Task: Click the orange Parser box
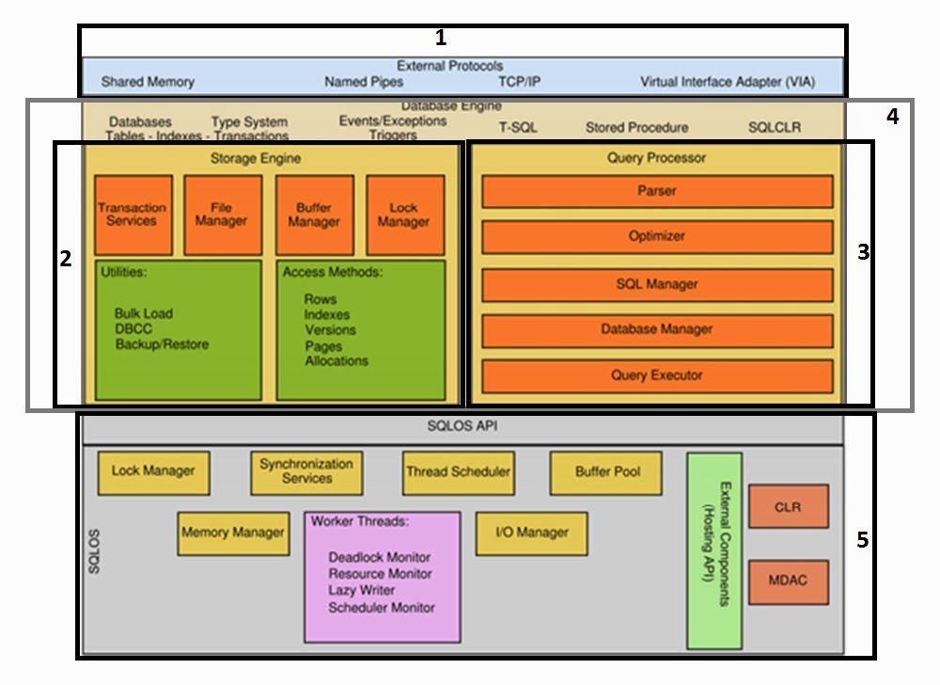657,191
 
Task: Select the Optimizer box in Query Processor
657,236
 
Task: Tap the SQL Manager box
657,283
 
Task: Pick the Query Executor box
657,374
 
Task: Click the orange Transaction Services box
133,215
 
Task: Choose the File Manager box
222,215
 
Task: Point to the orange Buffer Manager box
314,215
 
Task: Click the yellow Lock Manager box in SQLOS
153,470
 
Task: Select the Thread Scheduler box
458,471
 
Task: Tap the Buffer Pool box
607,471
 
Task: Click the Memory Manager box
232,533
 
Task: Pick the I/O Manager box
531,533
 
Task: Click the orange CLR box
788,507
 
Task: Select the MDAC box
788,581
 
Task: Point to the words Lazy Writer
362,591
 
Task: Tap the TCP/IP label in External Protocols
519,82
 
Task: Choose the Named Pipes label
364,82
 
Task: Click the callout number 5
863,540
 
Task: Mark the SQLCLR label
775,127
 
